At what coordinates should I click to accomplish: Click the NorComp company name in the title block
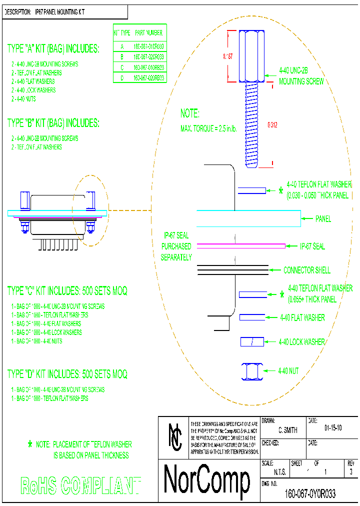[x=207, y=480]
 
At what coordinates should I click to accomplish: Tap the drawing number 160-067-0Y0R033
[x=310, y=494]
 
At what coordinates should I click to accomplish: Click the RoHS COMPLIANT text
[x=80, y=485]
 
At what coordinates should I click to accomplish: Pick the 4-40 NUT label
[x=288, y=371]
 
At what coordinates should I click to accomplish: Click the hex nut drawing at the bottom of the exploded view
[x=251, y=371]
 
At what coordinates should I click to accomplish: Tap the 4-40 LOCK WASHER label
[x=302, y=342]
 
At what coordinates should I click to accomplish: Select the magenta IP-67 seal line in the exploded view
[x=241, y=246]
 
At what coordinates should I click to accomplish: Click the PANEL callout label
[x=323, y=219]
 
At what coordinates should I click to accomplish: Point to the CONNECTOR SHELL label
[x=307, y=270]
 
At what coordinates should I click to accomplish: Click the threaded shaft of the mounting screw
[x=251, y=124]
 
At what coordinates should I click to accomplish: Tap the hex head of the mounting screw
[x=251, y=56]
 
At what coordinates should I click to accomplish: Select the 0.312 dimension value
[x=272, y=124]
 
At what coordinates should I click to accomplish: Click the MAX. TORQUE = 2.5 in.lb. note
[x=208, y=129]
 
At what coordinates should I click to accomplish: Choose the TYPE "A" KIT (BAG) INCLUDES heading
[x=53, y=49]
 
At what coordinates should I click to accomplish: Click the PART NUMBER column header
[x=148, y=33]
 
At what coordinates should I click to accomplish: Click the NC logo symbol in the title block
[x=175, y=436]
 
